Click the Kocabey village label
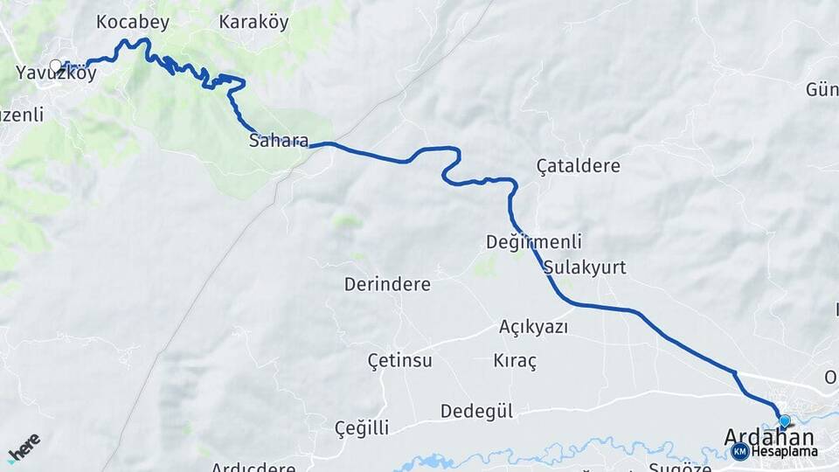click(133, 22)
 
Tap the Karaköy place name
click(253, 22)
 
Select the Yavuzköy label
click(56, 75)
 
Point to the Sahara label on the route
click(278, 140)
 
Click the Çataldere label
click(578, 165)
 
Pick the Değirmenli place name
click(534, 242)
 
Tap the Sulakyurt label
click(584, 267)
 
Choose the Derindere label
click(387, 285)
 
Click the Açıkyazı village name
click(533, 327)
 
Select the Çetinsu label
click(399, 360)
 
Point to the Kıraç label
click(515, 360)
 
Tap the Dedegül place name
click(476, 411)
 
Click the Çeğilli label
click(362, 427)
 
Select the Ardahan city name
click(769, 438)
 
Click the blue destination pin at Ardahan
click(784, 421)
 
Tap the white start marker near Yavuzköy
click(56, 66)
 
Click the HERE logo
click(24, 447)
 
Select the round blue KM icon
click(740, 451)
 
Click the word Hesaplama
click(784, 452)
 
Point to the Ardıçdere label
click(253, 467)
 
